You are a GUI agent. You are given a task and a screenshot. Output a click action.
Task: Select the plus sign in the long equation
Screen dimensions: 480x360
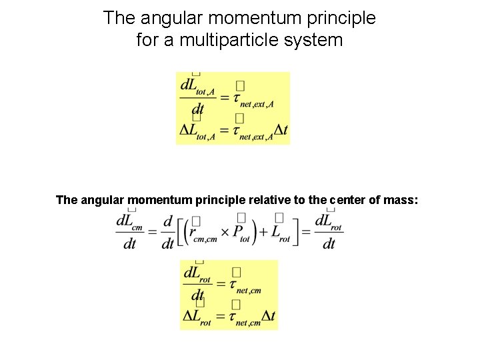[x=264, y=232]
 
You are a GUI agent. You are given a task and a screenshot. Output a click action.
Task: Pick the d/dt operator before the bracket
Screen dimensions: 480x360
[x=167, y=232]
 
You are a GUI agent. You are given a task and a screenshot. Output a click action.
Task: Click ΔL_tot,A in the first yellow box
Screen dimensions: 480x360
[x=197, y=131]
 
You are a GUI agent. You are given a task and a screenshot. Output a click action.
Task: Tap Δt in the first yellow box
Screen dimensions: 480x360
[x=281, y=130]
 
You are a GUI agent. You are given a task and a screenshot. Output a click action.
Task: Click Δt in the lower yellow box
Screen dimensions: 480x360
[x=269, y=317]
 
